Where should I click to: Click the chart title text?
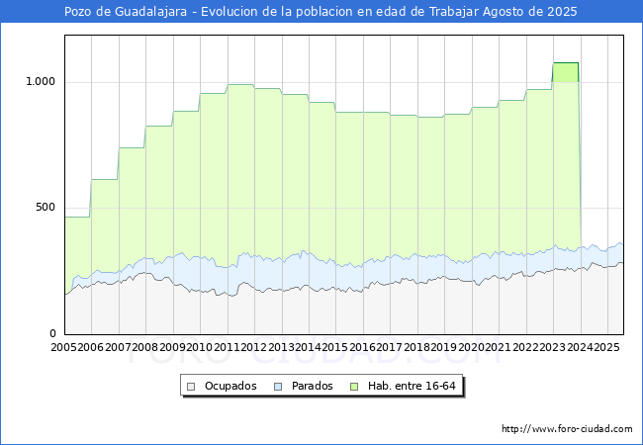[321, 12]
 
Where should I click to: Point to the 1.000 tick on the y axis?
[40, 82]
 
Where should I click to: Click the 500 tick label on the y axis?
[46, 208]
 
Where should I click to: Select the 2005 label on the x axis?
[64, 348]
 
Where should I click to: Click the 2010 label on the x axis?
[200, 348]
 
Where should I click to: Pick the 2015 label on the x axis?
[335, 348]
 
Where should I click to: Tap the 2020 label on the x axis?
[471, 348]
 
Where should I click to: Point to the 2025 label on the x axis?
[604, 348]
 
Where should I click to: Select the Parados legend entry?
[313, 386]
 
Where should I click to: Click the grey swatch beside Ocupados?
[192, 386]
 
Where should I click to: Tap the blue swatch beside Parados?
[279, 386]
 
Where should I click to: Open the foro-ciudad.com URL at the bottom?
[567, 429]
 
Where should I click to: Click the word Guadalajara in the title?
[145, 12]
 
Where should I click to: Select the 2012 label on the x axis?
[254, 348]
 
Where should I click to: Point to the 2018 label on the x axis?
[416, 348]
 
